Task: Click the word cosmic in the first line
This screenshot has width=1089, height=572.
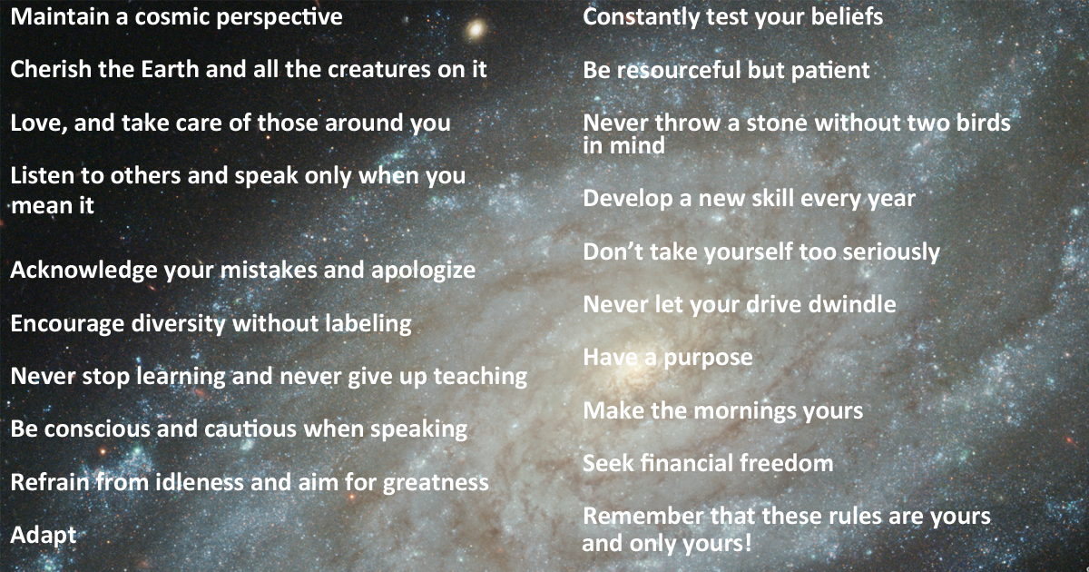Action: pyautogui.click(x=172, y=17)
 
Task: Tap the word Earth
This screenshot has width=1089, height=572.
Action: pyautogui.click(x=170, y=69)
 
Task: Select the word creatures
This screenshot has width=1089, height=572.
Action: pyautogui.click(x=378, y=70)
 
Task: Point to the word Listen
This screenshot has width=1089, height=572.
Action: pyautogui.click(x=42, y=175)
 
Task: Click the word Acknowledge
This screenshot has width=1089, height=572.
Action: pyautogui.click(x=83, y=271)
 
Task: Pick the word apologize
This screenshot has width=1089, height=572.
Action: pyautogui.click(x=424, y=271)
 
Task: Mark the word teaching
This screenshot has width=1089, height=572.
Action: pyautogui.click(x=480, y=377)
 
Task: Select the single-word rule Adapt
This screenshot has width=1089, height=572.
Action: pyautogui.click(x=44, y=536)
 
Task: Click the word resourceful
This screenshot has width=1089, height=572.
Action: pyautogui.click(x=678, y=70)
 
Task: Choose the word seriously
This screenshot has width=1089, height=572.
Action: pyautogui.click(x=891, y=252)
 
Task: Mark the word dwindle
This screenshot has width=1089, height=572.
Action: pyautogui.click(x=852, y=304)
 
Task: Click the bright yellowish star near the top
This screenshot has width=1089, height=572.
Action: pyautogui.click(x=476, y=30)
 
